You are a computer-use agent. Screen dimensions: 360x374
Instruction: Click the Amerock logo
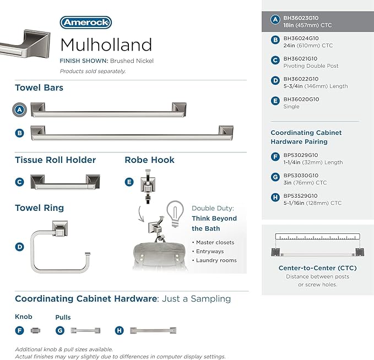(85, 23)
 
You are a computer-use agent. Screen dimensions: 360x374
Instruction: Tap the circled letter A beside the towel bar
(20, 110)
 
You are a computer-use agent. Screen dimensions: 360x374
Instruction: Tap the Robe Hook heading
(149, 160)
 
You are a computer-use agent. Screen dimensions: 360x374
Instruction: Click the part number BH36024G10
(301, 39)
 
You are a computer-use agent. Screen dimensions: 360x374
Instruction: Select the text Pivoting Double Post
(311, 66)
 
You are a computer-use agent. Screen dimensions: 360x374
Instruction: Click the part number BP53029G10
(301, 155)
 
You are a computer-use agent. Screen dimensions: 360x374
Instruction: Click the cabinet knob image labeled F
(36, 330)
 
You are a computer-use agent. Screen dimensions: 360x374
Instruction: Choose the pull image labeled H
(153, 330)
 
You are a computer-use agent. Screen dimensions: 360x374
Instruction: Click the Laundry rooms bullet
(216, 260)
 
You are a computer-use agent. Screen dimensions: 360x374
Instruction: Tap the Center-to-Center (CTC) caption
(317, 268)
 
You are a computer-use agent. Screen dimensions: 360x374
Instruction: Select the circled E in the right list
(275, 100)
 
